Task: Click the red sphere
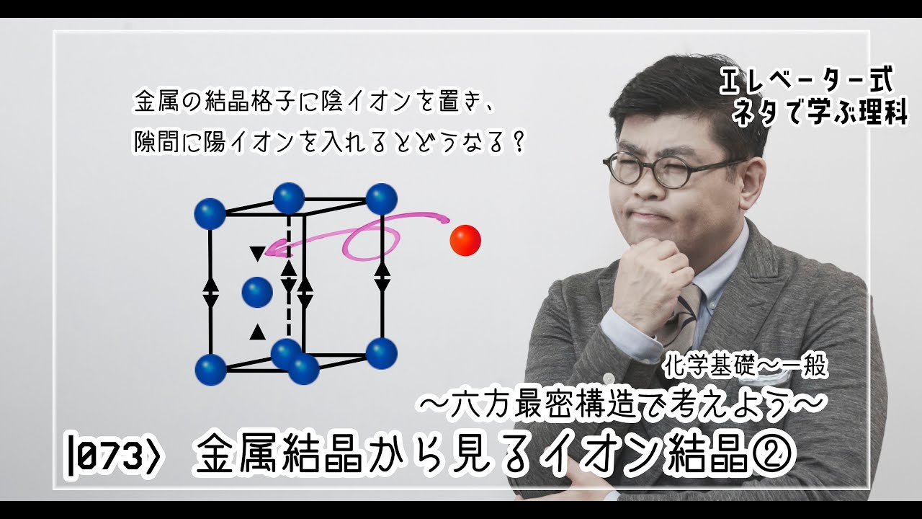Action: tap(465, 240)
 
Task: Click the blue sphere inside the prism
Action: tap(257, 293)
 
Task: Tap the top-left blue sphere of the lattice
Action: tap(210, 214)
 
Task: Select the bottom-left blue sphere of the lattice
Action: tap(210, 370)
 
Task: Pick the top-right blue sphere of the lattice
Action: tap(382, 198)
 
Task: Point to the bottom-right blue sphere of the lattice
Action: tap(382, 353)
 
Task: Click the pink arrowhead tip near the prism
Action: tap(268, 252)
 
